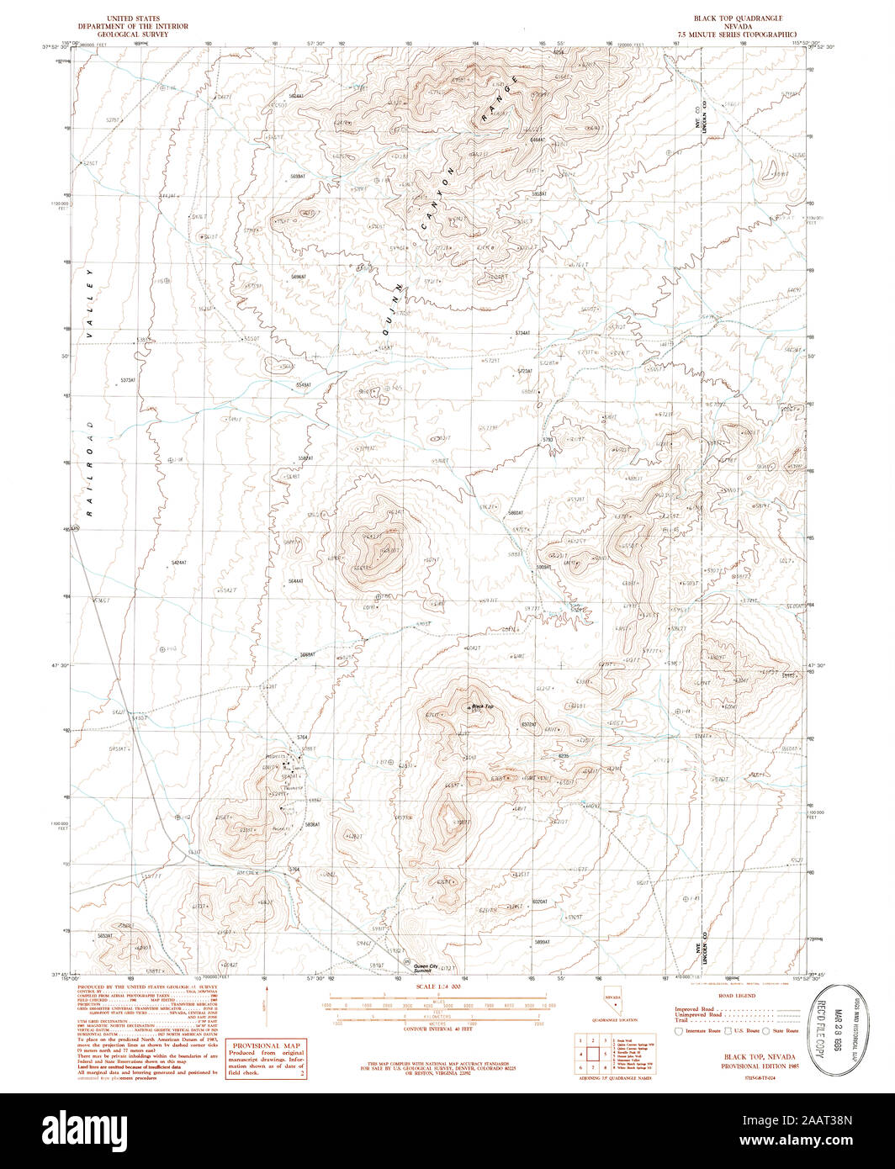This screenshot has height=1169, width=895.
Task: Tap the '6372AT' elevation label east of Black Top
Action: point(528,724)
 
